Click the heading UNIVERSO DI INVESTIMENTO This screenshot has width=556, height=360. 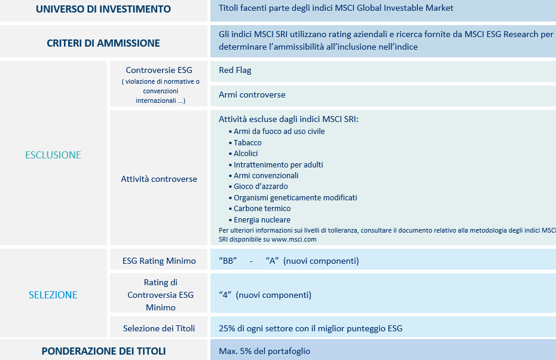pos(103,9)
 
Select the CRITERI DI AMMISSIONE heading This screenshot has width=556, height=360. pos(103,43)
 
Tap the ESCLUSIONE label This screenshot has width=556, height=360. pos(53,155)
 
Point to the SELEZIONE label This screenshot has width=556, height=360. pos(53,295)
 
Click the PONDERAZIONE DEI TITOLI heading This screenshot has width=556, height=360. pos(103,351)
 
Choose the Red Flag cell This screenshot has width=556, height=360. pos(235,70)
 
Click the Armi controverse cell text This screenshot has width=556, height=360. pos(252,94)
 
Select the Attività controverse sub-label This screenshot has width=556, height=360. pos(159,179)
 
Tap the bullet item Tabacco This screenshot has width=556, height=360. pos(248,142)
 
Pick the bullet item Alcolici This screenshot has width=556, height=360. pos(246,154)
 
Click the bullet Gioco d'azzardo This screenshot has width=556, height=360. pos(261,187)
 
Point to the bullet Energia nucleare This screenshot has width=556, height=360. pos(262,220)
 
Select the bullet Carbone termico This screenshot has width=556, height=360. pos(262,209)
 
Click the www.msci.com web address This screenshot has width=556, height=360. pos(294,239)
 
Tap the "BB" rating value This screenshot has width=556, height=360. pos(228,261)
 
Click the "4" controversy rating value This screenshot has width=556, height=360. pos(225,295)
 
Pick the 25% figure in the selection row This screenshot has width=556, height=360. pos(227,328)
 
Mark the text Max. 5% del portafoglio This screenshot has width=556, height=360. pos(264,351)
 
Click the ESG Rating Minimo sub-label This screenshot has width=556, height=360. pos(159,261)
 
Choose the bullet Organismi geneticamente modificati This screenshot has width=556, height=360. pos(295,197)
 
